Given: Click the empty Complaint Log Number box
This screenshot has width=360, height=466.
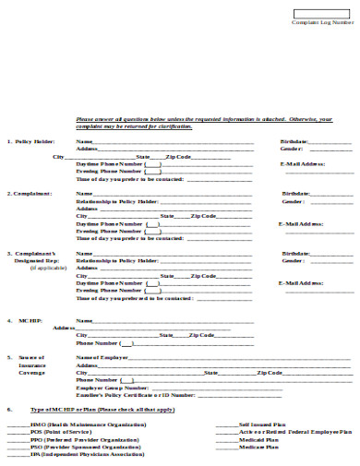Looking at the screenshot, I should (x=322, y=13).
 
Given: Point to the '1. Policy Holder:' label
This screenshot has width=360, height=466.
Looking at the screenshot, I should (x=31, y=141).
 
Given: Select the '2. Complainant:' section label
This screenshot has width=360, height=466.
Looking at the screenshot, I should (x=30, y=194).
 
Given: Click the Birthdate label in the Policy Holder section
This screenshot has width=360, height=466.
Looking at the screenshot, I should (x=294, y=141).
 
